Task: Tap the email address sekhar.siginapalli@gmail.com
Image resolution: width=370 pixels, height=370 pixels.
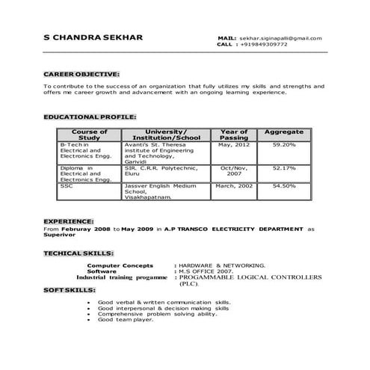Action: [x=281, y=37]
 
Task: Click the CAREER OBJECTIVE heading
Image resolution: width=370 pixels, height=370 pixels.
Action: [x=81, y=75]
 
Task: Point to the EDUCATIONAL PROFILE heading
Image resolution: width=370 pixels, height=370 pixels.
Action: [x=90, y=118]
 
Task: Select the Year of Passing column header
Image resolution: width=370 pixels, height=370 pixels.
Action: [x=234, y=135]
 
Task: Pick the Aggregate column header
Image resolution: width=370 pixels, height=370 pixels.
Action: [x=284, y=132]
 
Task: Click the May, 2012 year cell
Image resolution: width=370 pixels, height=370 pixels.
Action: [x=234, y=144]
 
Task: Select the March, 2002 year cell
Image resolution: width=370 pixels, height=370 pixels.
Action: [x=234, y=185]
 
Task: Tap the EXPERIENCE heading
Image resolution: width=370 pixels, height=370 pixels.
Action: [x=68, y=222]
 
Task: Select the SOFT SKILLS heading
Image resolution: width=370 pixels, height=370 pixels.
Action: [x=70, y=289]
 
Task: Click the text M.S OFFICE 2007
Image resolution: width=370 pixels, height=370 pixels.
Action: [x=203, y=271]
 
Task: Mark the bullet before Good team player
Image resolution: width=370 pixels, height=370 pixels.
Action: [x=90, y=320]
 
